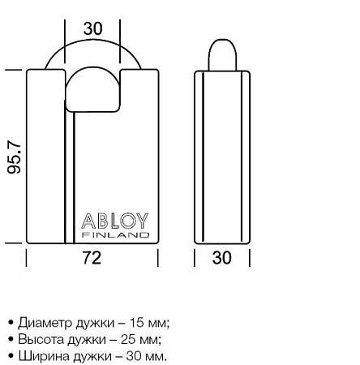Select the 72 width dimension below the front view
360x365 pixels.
pos(92,259)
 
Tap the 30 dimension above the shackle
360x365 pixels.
pos(93,28)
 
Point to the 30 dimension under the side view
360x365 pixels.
pos(221,259)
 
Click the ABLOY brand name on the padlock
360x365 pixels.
pos(117,221)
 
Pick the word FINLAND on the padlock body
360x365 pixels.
pos(117,236)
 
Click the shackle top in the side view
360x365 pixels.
pos(221,53)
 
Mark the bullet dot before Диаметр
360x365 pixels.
pos(10,323)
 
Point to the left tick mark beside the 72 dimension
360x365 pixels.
pos(27,259)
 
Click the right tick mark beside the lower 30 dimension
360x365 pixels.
pos(249,259)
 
